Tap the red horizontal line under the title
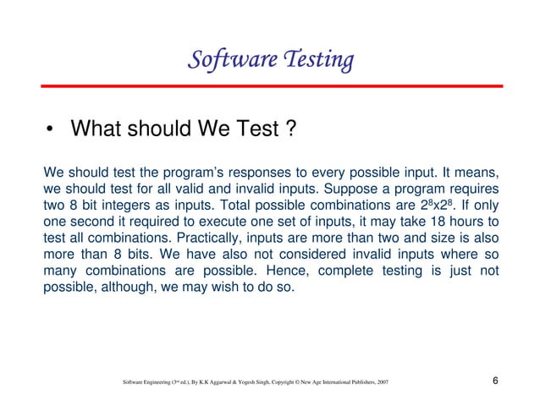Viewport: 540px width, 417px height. [270, 86]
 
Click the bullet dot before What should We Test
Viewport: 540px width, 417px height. [51, 131]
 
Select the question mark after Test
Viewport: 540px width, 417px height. [289, 129]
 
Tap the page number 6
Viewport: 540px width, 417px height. [494, 385]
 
